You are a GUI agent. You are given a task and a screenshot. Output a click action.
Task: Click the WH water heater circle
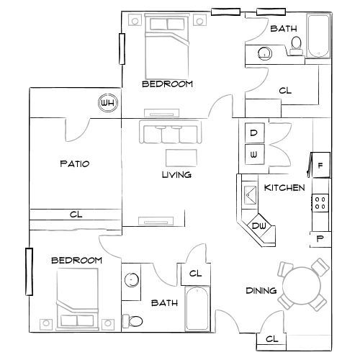coord(108,102)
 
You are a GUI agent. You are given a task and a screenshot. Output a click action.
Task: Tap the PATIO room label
coord(74,164)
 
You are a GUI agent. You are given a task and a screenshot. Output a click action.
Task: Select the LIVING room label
coord(176,175)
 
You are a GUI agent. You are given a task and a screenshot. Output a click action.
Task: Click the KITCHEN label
coord(284,188)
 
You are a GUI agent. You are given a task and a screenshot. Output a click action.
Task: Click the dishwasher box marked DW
coord(260,228)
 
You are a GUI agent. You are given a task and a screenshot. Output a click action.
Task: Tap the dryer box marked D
coord(254,133)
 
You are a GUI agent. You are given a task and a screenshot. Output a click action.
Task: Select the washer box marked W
coord(254,153)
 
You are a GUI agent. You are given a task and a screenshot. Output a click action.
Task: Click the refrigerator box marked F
coord(320,166)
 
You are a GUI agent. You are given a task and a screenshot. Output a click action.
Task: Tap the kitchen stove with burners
coord(320,202)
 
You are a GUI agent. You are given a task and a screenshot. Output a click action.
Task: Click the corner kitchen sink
coord(251,193)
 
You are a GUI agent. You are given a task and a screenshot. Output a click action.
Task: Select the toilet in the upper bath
coord(295,47)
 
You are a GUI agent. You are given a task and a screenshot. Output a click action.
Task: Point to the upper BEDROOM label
coord(167,84)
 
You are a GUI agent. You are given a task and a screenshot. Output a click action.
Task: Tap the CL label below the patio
coord(76,214)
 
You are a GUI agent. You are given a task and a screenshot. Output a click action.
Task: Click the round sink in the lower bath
coord(132,282)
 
